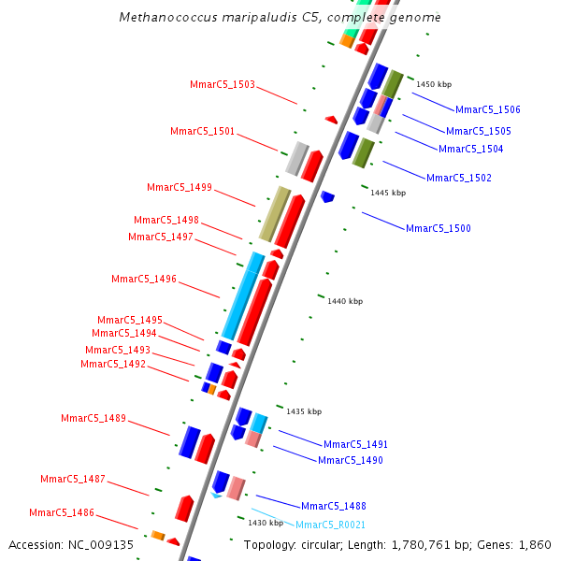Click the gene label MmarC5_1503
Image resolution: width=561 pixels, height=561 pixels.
coord(222,84)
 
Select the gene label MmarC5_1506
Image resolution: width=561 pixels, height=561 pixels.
coord(488,109)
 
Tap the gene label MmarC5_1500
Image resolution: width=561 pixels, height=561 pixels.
coord(438,228)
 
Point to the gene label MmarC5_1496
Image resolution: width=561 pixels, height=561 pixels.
coord(143,279)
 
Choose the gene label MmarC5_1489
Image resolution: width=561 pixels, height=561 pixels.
coord(93,418)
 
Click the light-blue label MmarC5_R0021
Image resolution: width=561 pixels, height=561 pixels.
coord(330,525)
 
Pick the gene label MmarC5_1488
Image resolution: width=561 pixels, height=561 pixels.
coord(333,506)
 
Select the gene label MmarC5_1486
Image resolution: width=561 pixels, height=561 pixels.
coord(61,512)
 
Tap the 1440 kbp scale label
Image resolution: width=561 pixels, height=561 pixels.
coord(345,301)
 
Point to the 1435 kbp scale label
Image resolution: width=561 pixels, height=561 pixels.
coord(304,411)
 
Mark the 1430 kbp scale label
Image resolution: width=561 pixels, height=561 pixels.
coord(265,523)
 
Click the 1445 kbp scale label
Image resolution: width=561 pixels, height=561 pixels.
coord(388,193)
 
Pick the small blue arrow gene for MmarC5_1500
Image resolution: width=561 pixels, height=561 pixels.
coord(327,196)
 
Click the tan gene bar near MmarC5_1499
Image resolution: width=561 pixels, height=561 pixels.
coord(275,214)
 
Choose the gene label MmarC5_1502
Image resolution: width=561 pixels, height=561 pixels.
coord(458,178)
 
